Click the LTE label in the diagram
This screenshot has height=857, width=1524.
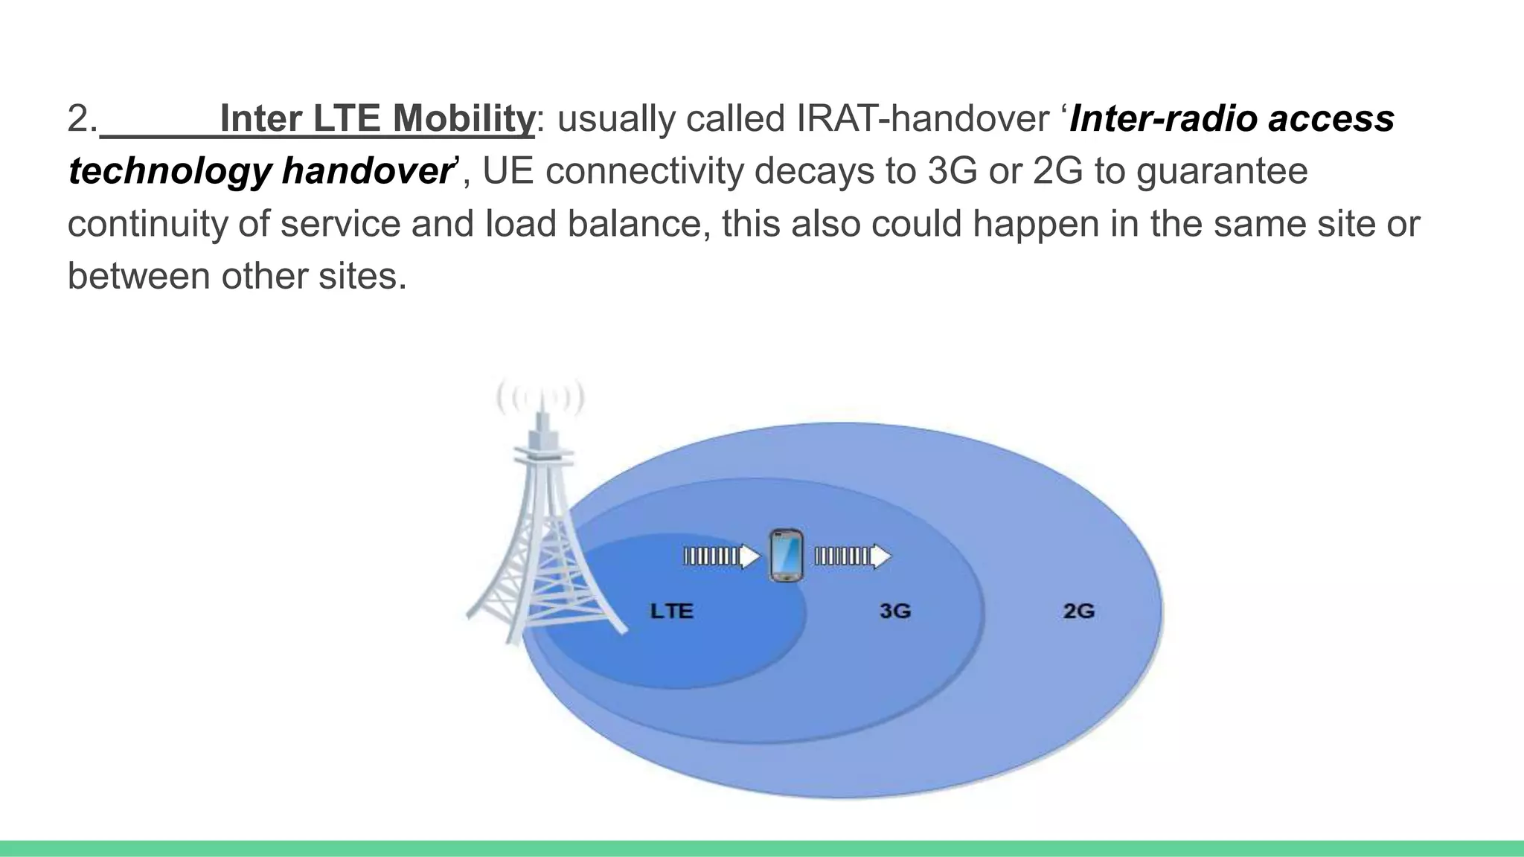click(671, 612)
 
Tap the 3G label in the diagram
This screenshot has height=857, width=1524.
click(894, 612)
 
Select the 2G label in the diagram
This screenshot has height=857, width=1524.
click(1078, 612)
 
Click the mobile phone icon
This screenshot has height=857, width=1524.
click(786, 555)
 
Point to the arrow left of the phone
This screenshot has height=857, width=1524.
click(721, 556)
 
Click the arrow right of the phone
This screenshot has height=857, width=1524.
click(853, 556)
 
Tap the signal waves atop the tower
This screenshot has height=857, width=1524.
click(541, 399)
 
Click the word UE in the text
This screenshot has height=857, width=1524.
click(508, 171)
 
